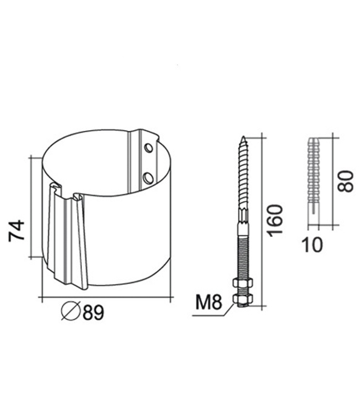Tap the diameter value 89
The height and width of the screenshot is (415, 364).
point(93,312)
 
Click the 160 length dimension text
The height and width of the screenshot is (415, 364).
point(275,221)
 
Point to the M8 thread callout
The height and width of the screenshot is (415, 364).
point(208,302)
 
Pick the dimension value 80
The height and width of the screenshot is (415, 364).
point(345,181)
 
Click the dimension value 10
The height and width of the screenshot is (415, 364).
point(312,245)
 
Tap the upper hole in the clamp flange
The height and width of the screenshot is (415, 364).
point(149,148)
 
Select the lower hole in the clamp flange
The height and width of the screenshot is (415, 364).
point(148,178)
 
